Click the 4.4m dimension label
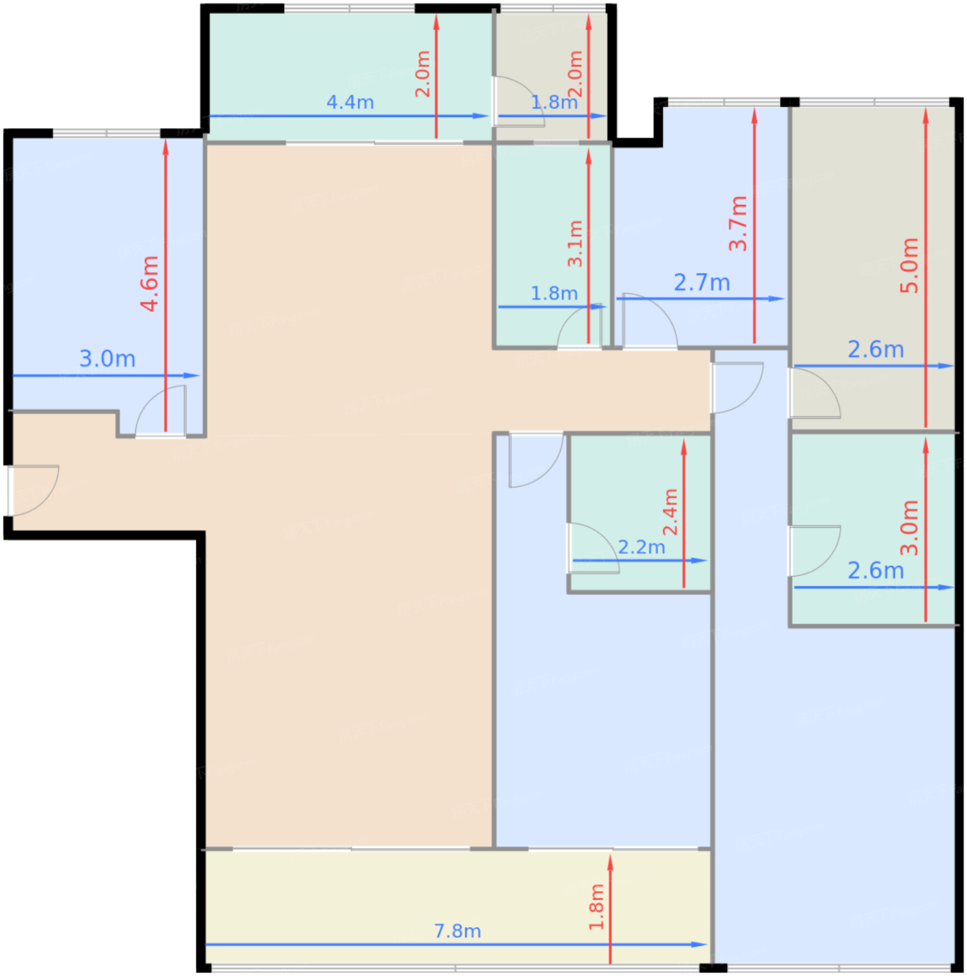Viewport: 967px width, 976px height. [x=349, y=102]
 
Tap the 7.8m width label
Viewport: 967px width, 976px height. [x=457, y=931]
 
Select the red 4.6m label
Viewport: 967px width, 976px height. [x=151, y=284]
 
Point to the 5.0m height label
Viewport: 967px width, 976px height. [x=909, y=266]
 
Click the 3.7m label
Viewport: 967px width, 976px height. [x=738, y=223]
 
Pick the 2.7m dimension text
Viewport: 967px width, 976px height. [x=701, y=282]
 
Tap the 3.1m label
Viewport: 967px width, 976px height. [x=575, y=243]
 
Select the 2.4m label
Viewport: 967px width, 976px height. [x=670, y=512]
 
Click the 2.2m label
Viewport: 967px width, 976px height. [x=641, y=547]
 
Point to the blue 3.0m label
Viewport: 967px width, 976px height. [x=107, y=358]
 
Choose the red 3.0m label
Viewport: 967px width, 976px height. [x=909, y=527]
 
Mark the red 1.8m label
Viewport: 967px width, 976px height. [x=596, y=906]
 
